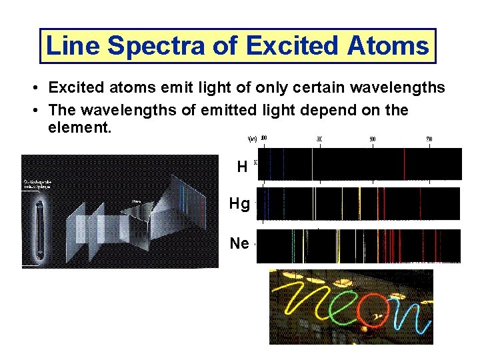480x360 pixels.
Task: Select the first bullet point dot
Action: pos(32,89)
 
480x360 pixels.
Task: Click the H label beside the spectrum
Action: pos(242,167)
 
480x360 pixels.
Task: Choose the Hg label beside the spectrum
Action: pos(239,204)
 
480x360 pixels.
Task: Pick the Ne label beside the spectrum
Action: pos(239,243)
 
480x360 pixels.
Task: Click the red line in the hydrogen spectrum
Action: pos(404,164)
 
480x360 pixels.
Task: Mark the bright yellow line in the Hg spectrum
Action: pos(360,203)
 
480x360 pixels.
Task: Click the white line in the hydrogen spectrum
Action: pos(312,164)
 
